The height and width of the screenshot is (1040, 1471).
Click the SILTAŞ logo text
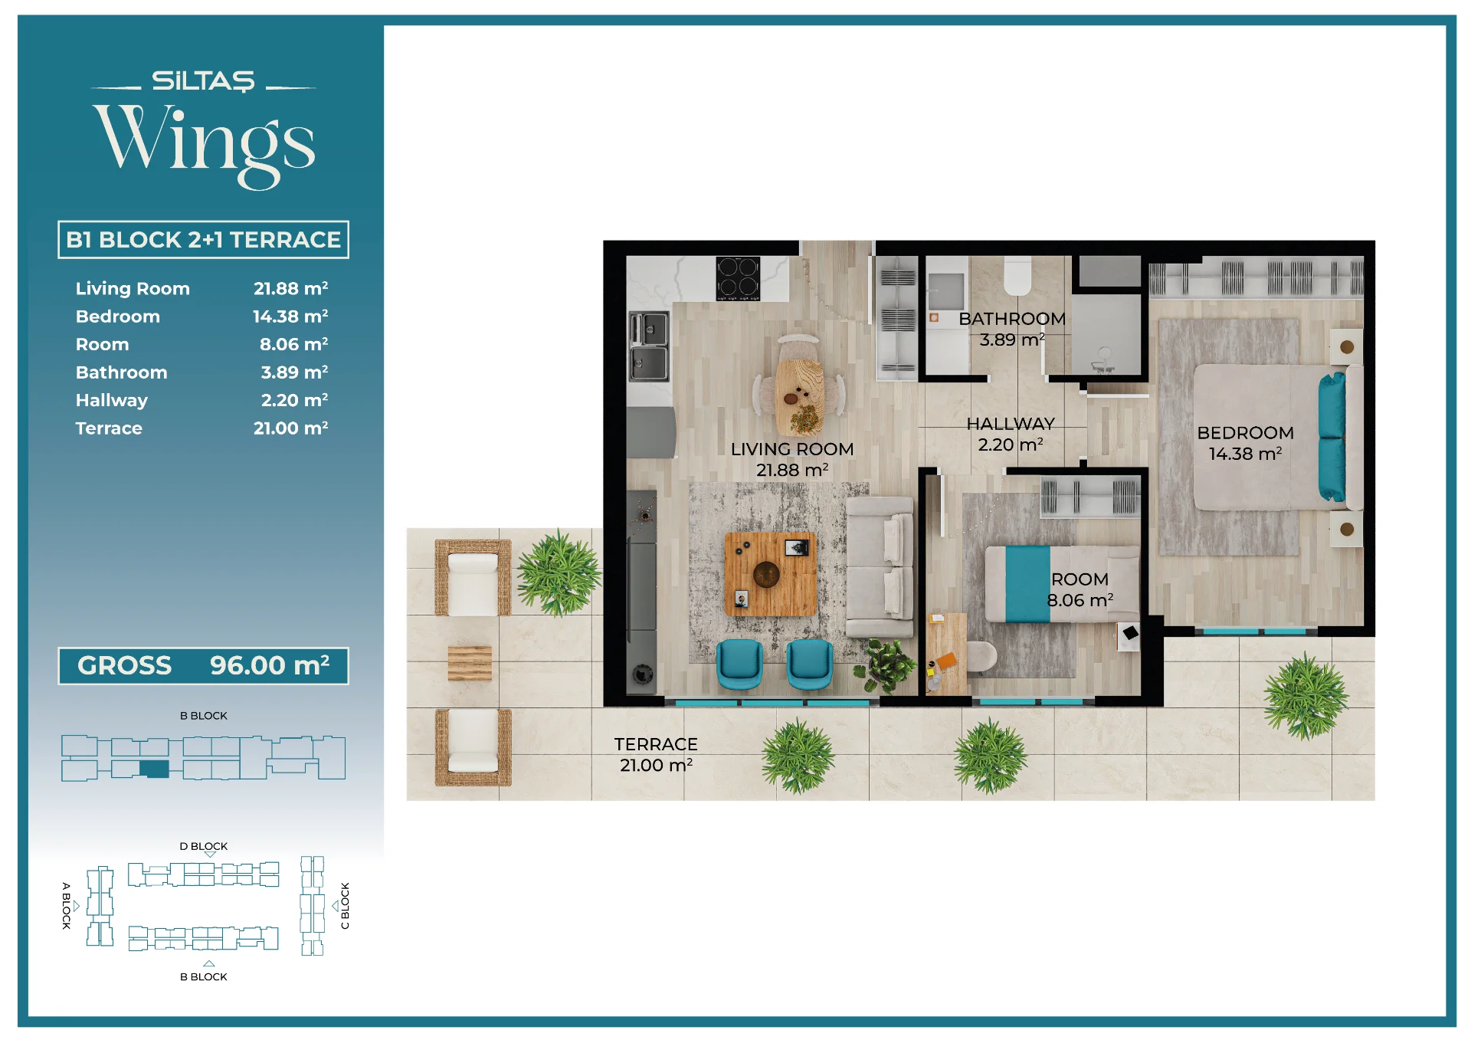tap(203, 81)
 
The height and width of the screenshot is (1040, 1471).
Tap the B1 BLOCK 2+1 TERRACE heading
tap(203, 240)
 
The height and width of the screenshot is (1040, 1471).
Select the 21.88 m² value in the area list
tap(291, 288)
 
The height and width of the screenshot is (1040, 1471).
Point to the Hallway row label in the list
tap(112, 400)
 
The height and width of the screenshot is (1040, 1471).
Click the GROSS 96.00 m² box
tap(203, 665)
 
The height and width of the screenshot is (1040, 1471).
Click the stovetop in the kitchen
tap(738, 278)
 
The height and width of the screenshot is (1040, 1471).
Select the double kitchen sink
tap(649, 346)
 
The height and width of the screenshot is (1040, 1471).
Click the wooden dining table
tap(800, 397)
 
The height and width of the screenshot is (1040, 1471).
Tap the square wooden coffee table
tap(770, 574)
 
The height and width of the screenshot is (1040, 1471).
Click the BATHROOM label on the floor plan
tap(1012, 319)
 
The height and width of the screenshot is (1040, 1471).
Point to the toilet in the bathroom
tap(1017, 276)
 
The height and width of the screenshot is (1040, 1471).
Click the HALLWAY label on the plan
tap(1011, 424)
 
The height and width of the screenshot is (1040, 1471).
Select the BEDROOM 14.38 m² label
tap(1246, 443)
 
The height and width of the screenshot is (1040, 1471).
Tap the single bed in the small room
tap(1062, 584)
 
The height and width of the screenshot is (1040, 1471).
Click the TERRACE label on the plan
tap(656, 744)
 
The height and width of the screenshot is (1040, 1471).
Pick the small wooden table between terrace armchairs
tap(470, 664)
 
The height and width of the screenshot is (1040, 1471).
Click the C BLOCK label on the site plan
tap(346, 906)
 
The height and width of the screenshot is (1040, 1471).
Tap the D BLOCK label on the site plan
tap(204, 846)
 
